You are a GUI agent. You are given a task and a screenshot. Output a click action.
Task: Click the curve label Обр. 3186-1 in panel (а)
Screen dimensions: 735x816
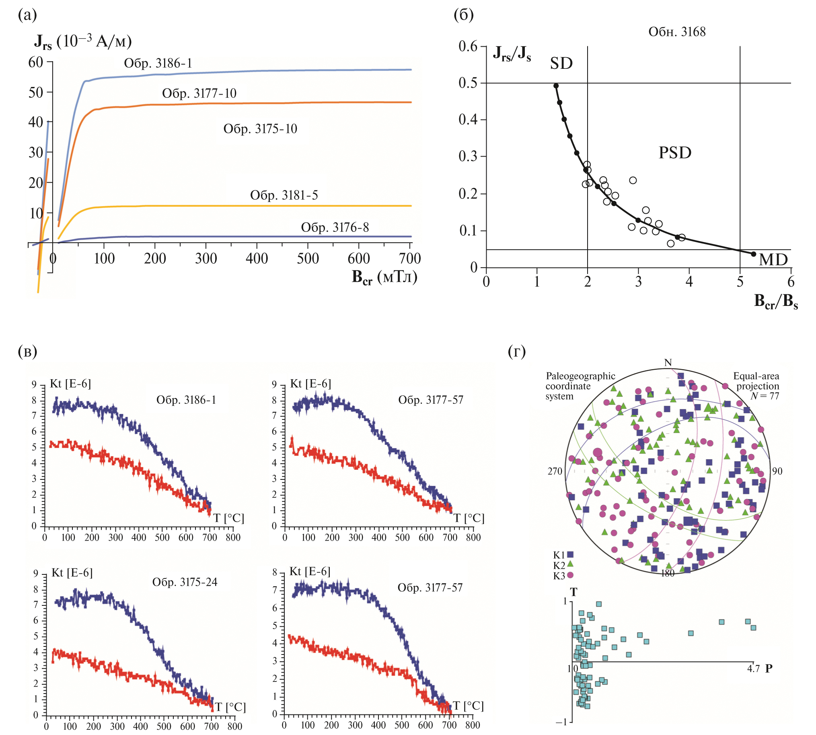158,64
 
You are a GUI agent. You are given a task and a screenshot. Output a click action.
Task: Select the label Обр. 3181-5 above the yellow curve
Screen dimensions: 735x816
284,196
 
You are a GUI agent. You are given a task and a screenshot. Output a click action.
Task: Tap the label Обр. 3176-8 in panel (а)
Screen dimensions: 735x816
335,228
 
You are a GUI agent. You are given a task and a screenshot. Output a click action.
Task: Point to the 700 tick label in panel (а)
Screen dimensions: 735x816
410,258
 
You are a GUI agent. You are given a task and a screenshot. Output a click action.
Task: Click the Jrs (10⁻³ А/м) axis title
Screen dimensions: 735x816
83,42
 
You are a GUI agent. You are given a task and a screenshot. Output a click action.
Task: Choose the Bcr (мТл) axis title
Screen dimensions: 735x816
384,277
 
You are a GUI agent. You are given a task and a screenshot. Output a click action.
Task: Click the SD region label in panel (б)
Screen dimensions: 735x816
561,64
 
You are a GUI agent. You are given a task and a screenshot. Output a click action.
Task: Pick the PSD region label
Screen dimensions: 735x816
675,153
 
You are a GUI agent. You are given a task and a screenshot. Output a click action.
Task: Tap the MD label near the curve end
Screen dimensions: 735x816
773,260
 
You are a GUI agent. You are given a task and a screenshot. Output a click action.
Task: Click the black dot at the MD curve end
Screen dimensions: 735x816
753,254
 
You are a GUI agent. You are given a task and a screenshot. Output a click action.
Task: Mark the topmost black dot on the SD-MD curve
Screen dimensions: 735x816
556,86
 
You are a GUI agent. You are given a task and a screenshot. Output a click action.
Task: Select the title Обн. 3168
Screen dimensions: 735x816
677,32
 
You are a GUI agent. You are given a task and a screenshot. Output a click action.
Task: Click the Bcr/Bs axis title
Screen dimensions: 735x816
776,301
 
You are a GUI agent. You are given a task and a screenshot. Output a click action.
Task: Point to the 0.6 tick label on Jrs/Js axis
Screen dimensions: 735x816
468,46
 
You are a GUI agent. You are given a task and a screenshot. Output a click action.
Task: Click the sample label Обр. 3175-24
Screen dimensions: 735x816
185,582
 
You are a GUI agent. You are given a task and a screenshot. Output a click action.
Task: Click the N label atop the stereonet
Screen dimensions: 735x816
668,363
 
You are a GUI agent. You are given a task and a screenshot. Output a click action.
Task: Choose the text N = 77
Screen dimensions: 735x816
765,396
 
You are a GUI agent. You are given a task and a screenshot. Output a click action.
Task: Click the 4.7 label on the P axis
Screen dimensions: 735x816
753,669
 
